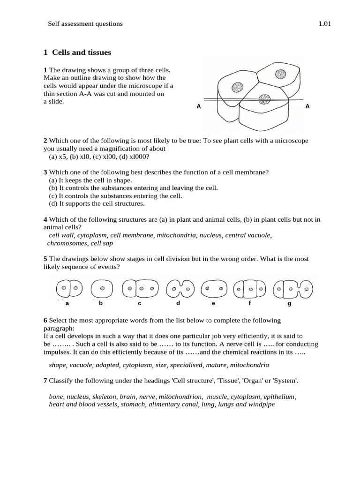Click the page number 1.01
324,23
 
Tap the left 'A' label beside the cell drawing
199,106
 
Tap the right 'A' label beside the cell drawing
307,106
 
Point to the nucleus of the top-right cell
280,73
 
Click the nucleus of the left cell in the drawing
237,88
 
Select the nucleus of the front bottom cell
264,99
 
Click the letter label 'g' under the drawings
289,304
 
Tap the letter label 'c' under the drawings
139,304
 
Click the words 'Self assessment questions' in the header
85,23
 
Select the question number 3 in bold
45,172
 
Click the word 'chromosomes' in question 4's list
67,243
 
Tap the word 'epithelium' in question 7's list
278,396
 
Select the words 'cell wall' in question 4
61,235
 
